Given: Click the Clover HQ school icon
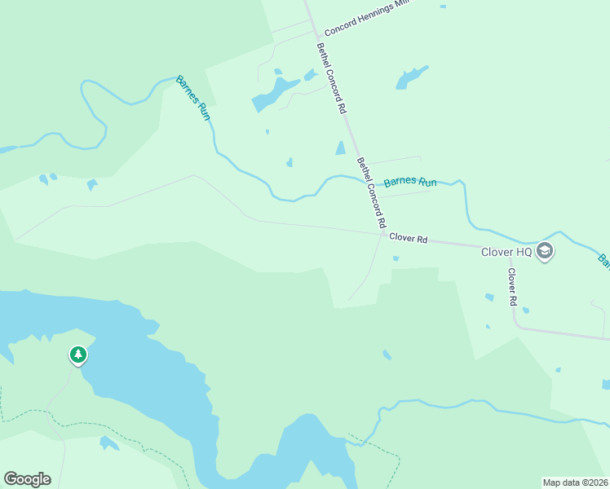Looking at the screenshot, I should [x=546, y=252].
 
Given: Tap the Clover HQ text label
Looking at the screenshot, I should [x=506, y=253].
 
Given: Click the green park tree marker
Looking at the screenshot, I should [x=77, y=355].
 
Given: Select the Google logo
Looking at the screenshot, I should [x=27, y=479].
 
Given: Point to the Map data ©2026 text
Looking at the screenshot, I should [x=576, y=482].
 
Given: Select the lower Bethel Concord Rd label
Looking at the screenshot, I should [x=370, y=193].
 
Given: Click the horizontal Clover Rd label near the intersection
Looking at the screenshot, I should [x=409, y=239].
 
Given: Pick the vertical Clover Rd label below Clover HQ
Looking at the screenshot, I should [x=513, y=287].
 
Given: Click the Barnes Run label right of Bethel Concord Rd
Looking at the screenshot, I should [x=410, y=182].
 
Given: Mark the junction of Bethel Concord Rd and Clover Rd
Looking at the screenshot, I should [x=382, y=236].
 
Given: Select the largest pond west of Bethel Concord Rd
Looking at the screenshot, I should [x=274, y=93].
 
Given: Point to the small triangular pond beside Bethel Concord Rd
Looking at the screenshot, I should [x=340, y=148].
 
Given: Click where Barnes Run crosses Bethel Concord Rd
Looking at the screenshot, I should [x=364, y=179].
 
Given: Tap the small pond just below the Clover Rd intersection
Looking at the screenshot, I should [x=396, y=259].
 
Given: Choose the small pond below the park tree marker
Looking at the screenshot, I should [x=108, y=443].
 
